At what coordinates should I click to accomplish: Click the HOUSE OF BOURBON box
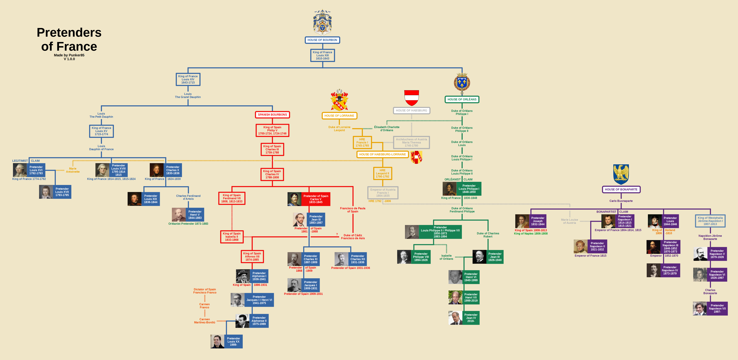coord(322,40)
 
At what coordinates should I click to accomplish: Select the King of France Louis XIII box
coord(323,55)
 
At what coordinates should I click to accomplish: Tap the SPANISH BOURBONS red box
coord(272,115)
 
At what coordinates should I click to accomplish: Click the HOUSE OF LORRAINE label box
coord(339,116)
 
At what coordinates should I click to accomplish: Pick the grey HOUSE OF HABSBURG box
coord(411,111)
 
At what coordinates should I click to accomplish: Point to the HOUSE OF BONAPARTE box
coord(621,189)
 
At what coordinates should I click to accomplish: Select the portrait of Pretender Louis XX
coord(218,341)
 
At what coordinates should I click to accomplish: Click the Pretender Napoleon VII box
coord(717,309)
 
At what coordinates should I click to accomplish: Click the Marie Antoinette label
coord(73,170)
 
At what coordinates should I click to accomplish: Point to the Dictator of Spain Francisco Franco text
coord(205,291)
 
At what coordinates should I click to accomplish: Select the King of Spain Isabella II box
coord(232,237)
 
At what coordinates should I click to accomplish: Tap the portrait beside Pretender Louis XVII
coord(46,192)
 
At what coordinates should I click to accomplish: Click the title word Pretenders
coord(69,32)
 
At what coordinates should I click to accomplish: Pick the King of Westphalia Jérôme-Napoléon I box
coord(710,221)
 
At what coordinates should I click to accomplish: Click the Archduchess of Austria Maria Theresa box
coord(411,142)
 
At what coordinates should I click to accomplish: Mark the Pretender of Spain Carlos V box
coord(316,199)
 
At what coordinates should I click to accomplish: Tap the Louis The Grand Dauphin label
coord(188,95)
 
